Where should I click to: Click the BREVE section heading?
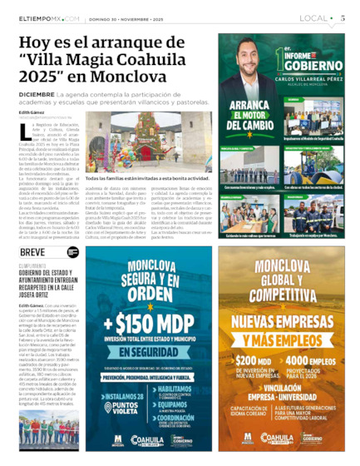[32, 252]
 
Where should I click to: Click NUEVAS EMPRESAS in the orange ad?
[286, 317]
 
